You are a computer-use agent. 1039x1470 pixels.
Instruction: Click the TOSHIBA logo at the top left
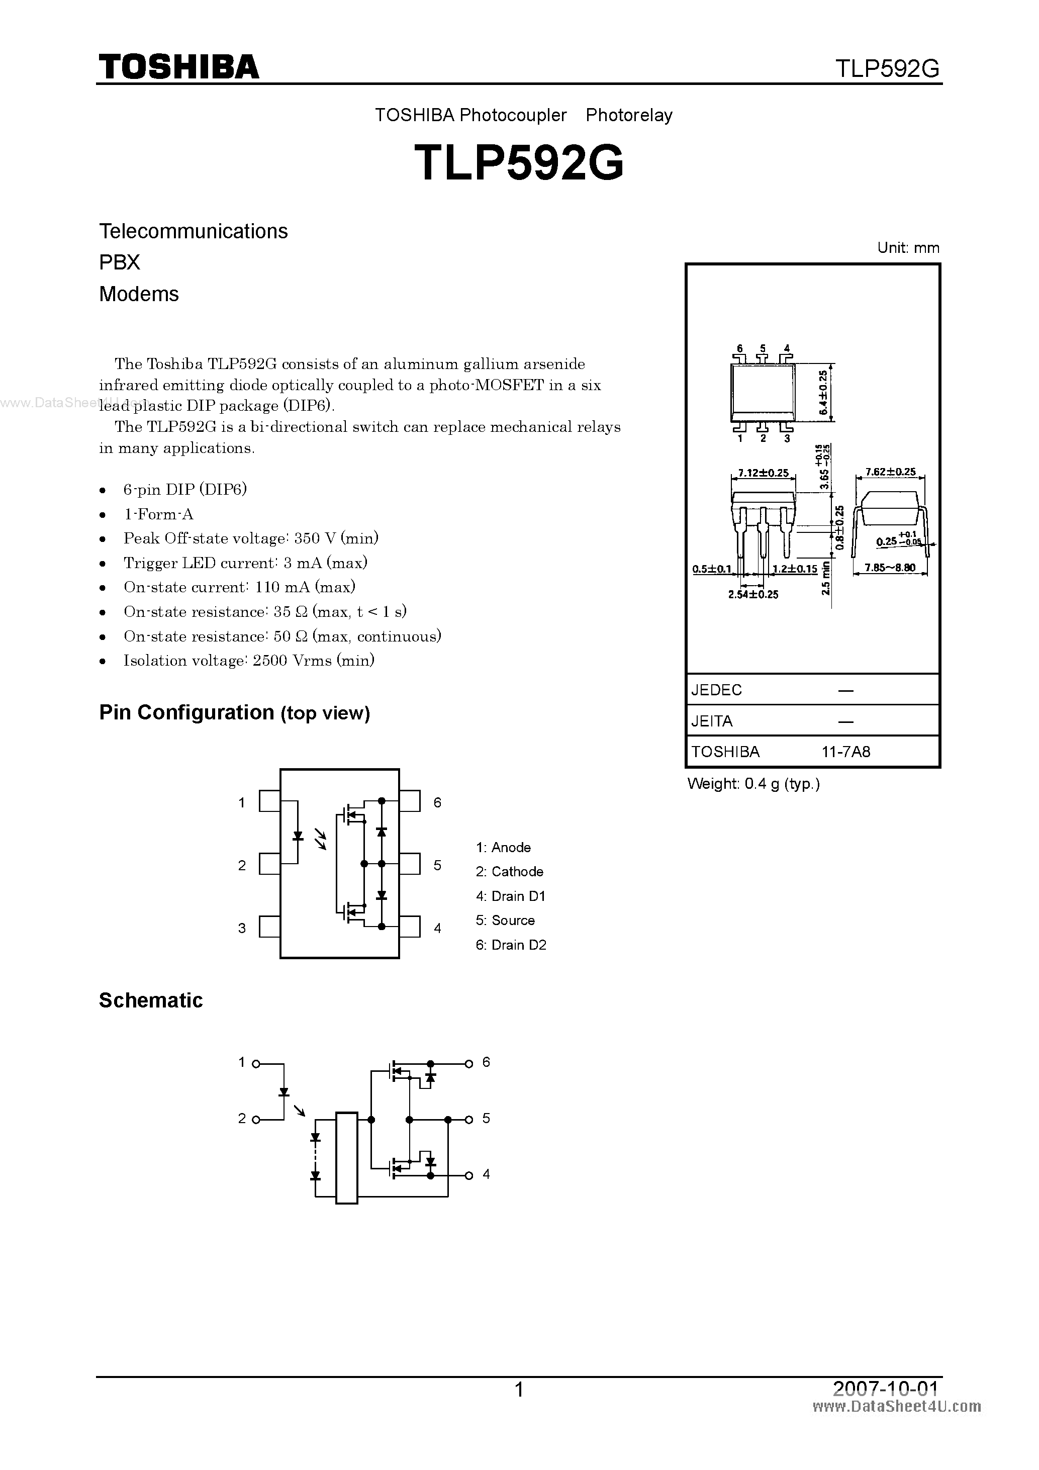pyautogui.click(x=178, y=66)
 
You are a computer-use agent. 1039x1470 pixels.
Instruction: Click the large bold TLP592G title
pyautogui.click(x=519, y=162)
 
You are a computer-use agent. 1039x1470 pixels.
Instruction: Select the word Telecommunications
pyautogui.click(x=194, y=231)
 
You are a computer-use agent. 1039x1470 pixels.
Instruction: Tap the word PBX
pyautogui.click(x=120, y=262)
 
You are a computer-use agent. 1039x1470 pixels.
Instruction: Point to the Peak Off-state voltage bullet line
pyautogui.click(x=250, y=538)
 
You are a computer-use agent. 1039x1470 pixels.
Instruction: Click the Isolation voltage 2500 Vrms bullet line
pyautogui.click(x=248, y=661)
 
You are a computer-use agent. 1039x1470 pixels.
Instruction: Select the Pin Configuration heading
pyautogui.click(x=234, y=712)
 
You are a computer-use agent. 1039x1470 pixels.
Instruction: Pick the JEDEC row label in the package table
pyautogui.click(x=716, y=690)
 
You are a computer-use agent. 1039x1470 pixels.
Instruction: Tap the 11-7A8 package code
pyautogui.click(x=845, y=752)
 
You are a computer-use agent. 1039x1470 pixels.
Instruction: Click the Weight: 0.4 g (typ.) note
pyautogui.click(x=753, y=784)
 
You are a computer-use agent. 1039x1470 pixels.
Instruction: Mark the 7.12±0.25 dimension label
pyautogui.click(x=763, y=473)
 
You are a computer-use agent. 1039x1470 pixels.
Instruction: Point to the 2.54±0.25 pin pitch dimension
pyautogui.click(x=753, y=595)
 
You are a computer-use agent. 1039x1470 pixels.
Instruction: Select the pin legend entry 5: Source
pyautogui.click(x=505, y=920)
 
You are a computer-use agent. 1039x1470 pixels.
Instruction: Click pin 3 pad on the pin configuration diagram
pyautogui.click(x=269, y=927)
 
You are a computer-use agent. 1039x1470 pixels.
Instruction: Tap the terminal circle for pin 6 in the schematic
pyautogui.click(x=468, y=1063)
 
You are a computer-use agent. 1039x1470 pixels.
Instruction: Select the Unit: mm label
pyautogui.click(x=908, y=248)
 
